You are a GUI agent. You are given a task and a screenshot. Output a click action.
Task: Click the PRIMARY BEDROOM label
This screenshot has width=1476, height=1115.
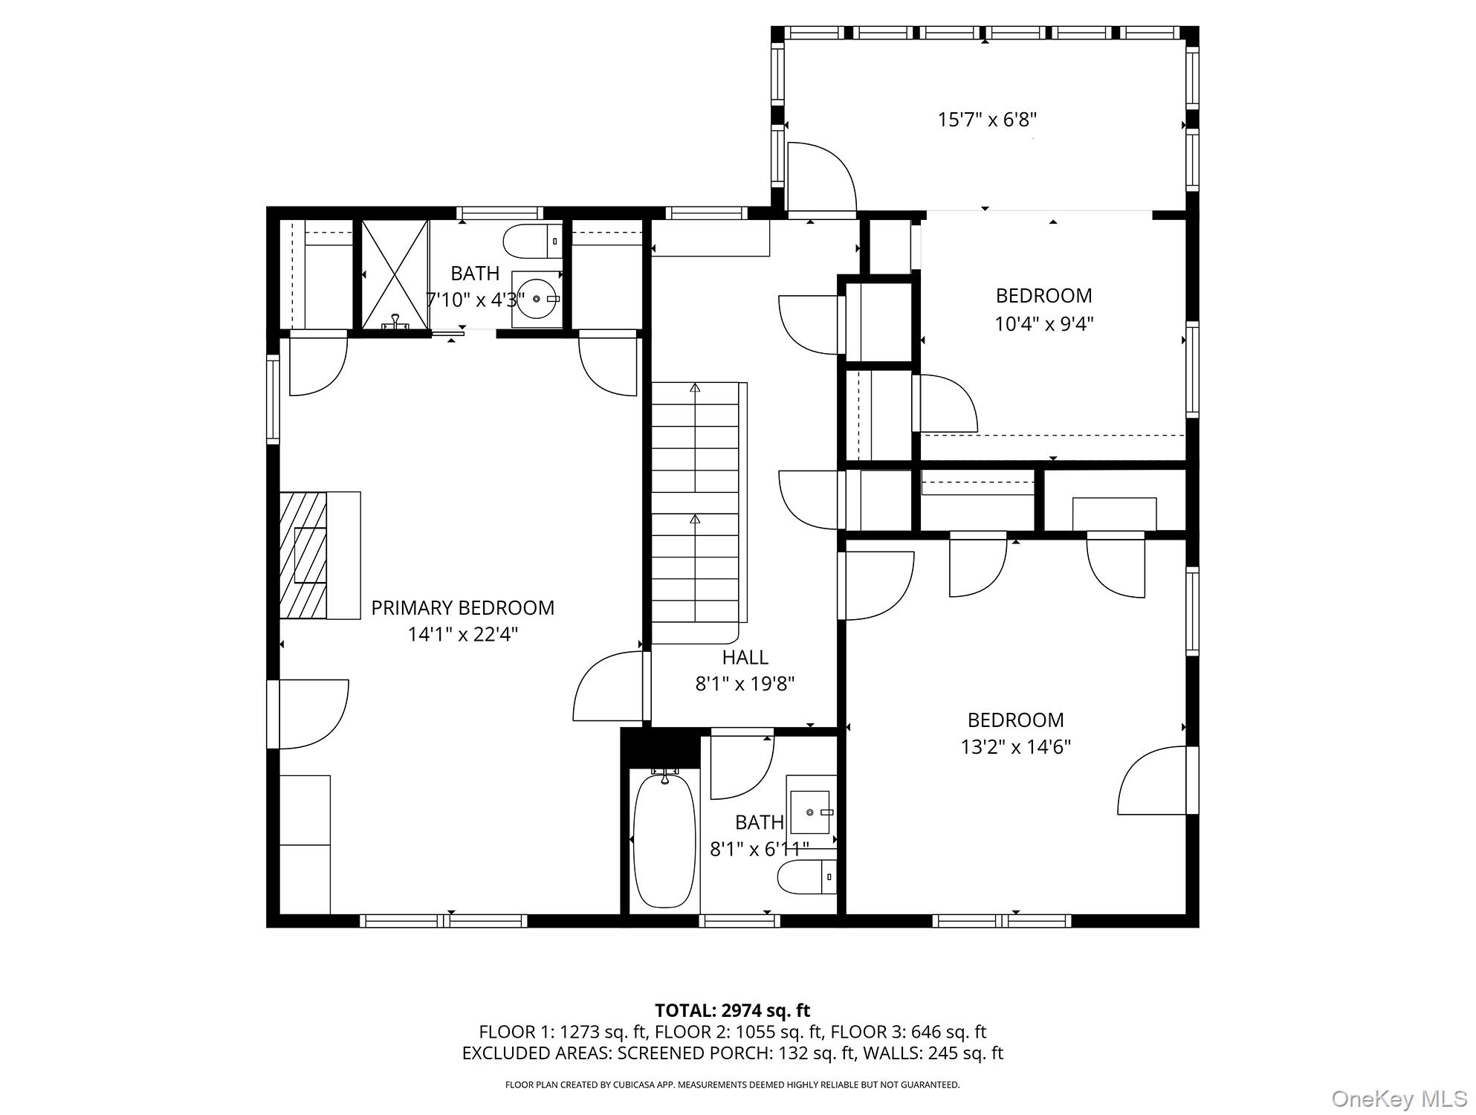(x=462, y=608)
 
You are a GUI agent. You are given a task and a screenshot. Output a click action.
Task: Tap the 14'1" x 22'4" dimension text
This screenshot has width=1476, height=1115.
(x=462, y=635)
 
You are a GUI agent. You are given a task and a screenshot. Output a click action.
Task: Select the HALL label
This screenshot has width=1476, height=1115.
(x=745, y=657)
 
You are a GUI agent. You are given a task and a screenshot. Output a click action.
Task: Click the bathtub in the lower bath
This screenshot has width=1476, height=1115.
(x=664, y=840)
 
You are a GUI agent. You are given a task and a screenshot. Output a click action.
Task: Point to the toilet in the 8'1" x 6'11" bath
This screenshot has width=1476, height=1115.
(x=807, y=877)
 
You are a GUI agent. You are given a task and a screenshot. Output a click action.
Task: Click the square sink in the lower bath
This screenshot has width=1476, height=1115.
(x=810, y=812)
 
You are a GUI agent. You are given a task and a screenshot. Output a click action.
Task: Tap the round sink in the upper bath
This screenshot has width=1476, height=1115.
(x=537, y=298)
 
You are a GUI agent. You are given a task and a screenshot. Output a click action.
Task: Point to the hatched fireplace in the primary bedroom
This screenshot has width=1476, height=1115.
(x=303, y=555)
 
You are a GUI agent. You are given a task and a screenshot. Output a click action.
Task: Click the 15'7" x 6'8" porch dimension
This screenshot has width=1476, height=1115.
(x=987, y=120)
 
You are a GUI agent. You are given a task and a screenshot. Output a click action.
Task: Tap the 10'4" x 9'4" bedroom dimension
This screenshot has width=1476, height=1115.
(x=1043, y=324)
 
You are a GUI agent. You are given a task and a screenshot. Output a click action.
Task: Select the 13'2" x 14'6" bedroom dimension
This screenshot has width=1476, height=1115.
(x=1015, y=746)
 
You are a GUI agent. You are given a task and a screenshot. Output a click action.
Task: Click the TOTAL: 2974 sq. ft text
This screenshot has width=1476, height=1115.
(x=732, y=1010)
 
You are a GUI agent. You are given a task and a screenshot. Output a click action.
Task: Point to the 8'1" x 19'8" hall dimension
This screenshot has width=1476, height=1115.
(x=745, y=684)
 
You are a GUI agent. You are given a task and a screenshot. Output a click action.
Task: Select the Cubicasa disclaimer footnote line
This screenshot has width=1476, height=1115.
(x=732, y=1085)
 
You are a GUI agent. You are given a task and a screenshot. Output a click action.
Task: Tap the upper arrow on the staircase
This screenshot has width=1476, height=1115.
(x=695, y=387)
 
